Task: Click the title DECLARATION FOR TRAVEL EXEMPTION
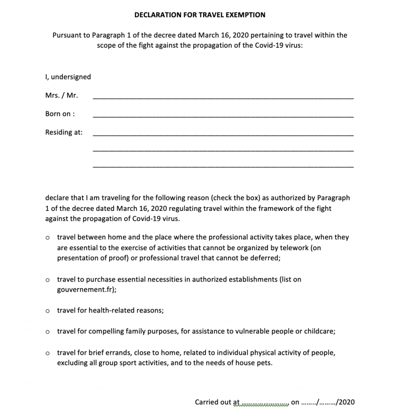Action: (x=200, y=15)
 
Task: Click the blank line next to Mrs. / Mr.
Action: (x=222, y=97)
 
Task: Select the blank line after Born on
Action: (x=222, y=116)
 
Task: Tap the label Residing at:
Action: (x=64, y=132)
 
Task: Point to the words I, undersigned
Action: (x=68, y=77)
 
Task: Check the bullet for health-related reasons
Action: (x=48, y=311)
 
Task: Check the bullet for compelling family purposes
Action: (x=48, y=332)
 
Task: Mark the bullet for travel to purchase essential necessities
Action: (x=48, y=280)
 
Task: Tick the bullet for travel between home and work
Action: (x=48, y=238)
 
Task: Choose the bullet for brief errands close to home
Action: (x=48, y=353)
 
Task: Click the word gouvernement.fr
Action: (x=82, y=289)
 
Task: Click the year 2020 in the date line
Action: (x=346, y=402)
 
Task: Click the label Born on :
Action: (x=60, y=114)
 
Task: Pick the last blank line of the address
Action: (x=222, y=166)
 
